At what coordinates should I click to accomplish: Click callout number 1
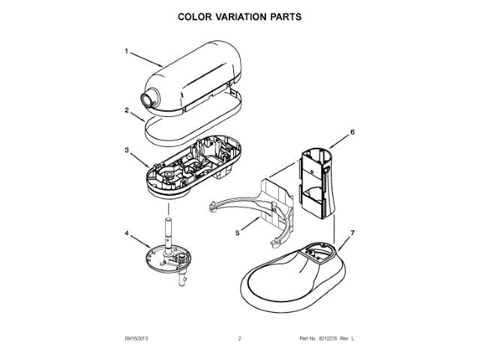(x=127, y=52)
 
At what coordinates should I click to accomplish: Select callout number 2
(x=127, y=110)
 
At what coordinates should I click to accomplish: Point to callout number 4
(x=127, y=234)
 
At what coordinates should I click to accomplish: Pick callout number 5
(x=237, y=233)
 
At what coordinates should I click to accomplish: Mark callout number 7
(x=352, y=234)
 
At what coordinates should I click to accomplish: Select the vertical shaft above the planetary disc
(x=169, y=229)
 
